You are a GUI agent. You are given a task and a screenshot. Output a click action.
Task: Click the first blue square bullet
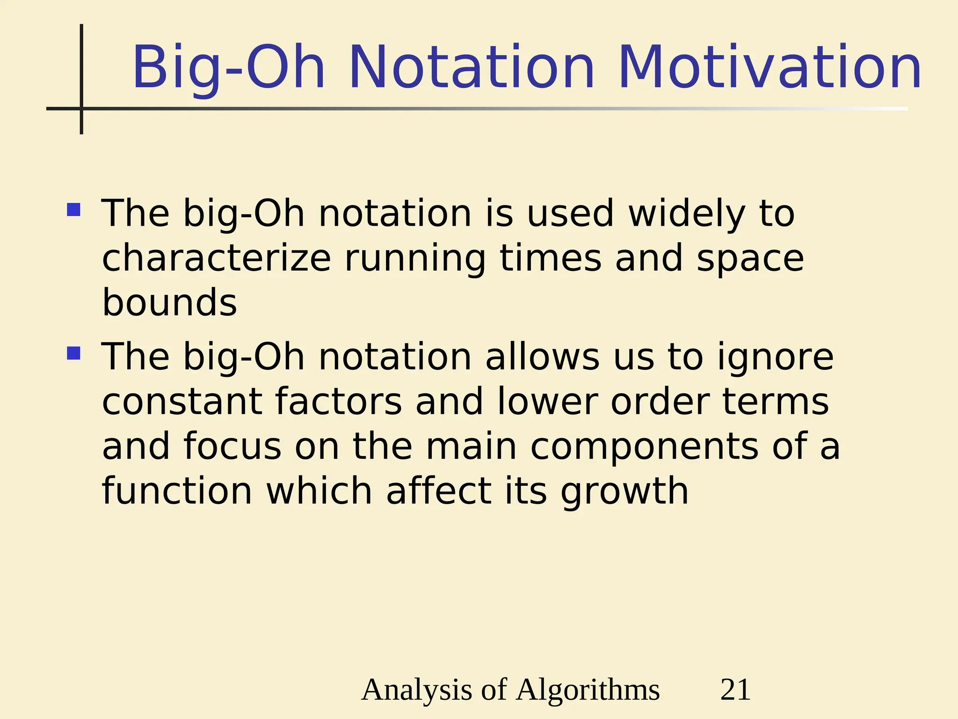pos(74,209)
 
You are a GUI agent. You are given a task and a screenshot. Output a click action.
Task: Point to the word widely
pos(687,213)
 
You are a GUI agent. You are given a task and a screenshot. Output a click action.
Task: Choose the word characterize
pos(217,258)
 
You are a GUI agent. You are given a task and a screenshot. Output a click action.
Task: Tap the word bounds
pos(169,302)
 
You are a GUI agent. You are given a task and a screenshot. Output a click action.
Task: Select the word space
pos(750,258)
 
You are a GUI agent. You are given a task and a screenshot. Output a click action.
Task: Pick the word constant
pos(182,402)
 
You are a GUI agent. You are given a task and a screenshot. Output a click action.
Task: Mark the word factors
pos(338,402)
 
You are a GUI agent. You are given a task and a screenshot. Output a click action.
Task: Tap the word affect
pos(439,491)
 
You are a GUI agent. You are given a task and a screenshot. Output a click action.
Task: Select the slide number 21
pos(735,690)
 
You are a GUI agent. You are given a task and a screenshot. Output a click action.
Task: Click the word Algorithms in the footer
pos(588,690)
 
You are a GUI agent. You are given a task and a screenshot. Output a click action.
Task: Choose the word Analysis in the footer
pos(417,690)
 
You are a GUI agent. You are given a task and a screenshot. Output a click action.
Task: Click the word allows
pos(542,357)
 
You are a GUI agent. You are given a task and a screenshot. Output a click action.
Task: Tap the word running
pos(415,258)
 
